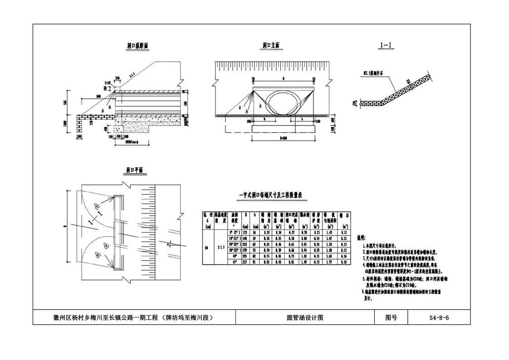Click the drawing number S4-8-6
[x=439, y=318]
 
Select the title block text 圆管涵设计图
[x=304, y=318]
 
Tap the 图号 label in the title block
[x=391, y=318]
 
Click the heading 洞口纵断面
[x=137, y=46]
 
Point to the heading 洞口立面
[x=271, y=46]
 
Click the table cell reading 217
[x=245, y=262]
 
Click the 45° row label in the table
[x=235, y=262]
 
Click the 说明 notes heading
[x=362, y=237]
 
